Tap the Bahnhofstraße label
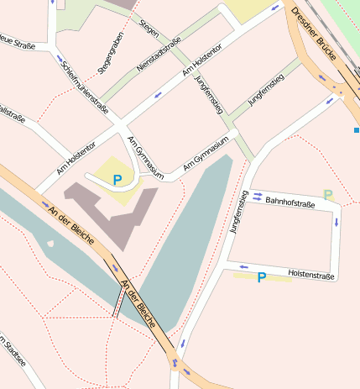pyautogui.click(x=290, y=202)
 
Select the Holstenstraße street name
pyautogui.click(x=311, y=275)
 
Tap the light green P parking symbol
pyautogui.click(x=328, y=195)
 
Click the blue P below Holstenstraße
pyautogui.click(x=262, y=276)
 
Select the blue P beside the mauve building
pyautogui.click(x=117, y=179)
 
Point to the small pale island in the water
pyautogui.click(x=50, y=244)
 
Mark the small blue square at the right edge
pyautogui.click(x=357, y=130)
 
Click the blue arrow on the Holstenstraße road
pyautogui.click(x=243, y=267)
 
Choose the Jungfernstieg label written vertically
pyautogui.click(x=237, y=212)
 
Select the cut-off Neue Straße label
pyautogui.click(x=17, y=41)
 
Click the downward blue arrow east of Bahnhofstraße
pyautogui.click(x=337, y=223)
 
